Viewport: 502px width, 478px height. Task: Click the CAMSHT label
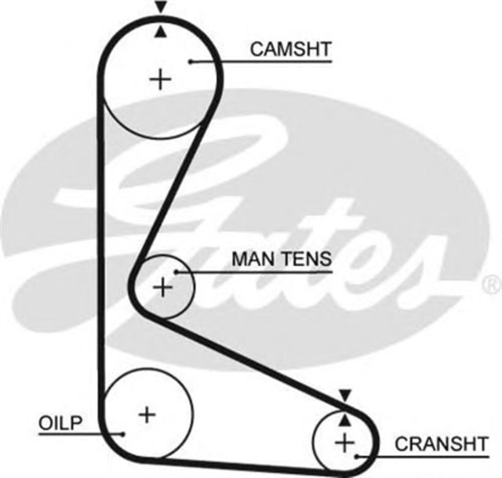click(x=290, y=49)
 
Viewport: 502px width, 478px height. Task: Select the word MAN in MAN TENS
click(x=250, y=258)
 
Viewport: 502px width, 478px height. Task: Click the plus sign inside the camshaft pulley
click(x=160, y=78)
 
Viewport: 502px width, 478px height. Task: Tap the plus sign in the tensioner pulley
click(x=162, y=288)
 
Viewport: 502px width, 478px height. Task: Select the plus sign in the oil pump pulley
click(x=146, y=413)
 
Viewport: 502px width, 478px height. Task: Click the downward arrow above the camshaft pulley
click(x=161, y=7)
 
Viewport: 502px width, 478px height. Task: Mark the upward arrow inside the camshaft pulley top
click(x=161, y=31)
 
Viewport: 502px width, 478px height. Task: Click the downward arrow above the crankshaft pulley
click(x=344, y=395)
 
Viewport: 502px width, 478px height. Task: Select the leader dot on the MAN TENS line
click(x=178, y=272)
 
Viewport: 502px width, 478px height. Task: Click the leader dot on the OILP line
click(x=122, y=432)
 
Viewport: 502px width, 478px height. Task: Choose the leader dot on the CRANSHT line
click(x=358, y=454)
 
